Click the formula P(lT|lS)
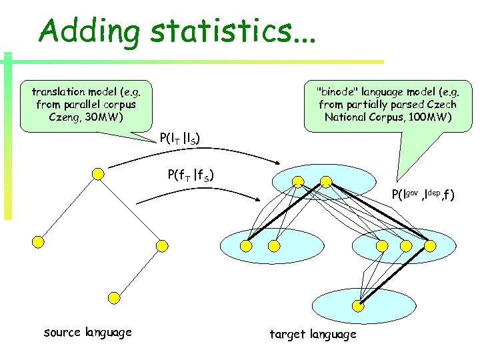click(x=181, y=139)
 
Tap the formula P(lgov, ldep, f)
click(x=423, y=195)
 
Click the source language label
click(x=87, y=332)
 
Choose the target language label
click(x=313, y=333)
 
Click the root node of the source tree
click(x=98, y=174)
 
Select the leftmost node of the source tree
click(x=39, y=241)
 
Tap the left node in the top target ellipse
click(x=298, y=181)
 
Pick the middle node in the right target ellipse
click(x=405, y=246)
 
